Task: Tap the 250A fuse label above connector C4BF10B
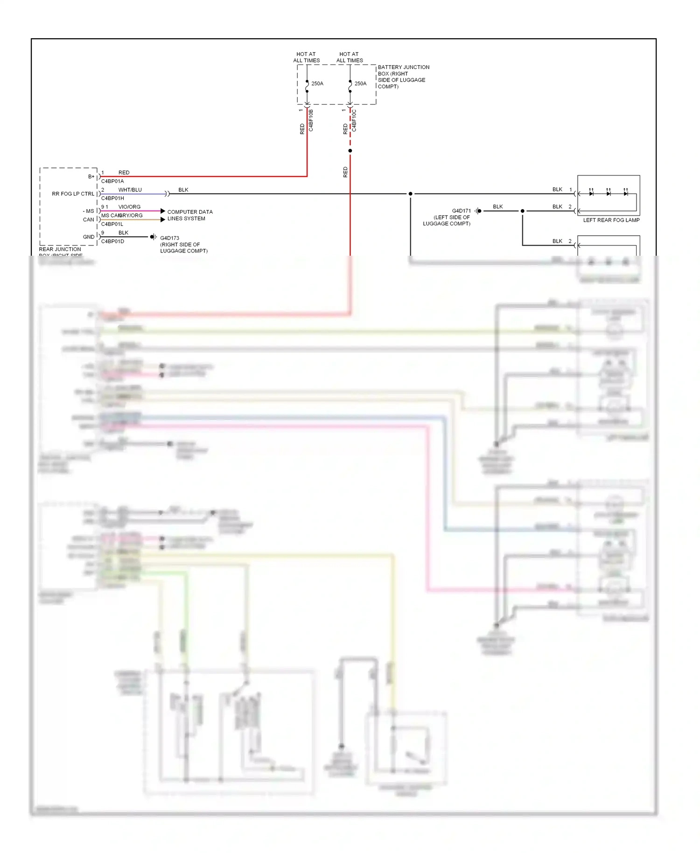[x=317, y=84]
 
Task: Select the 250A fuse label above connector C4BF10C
[x=360, y=84]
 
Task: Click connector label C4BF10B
[x=311, y=120]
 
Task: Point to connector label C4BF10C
[x=354, y=120]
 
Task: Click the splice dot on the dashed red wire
[x=350, y=151]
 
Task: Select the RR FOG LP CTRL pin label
[x=73, y=194]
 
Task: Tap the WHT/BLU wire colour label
[x=130, y=190]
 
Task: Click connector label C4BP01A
[x=112, y=181]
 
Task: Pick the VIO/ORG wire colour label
[x=129, y=207]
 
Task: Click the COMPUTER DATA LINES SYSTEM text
[x=189, y=215]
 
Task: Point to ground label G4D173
[x=169, y=238]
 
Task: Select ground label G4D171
[x=461, y=211]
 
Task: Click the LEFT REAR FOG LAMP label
[x=611, y=220]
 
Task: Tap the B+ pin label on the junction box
[x=91, y=177]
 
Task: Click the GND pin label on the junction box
[x=89, y=237]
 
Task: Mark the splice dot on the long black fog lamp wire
[x=410, y=194]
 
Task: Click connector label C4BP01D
[x=112, y=241]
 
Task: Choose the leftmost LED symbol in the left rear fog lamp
[x=591, y=193]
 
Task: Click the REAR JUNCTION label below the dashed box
[x=60, y=249]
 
